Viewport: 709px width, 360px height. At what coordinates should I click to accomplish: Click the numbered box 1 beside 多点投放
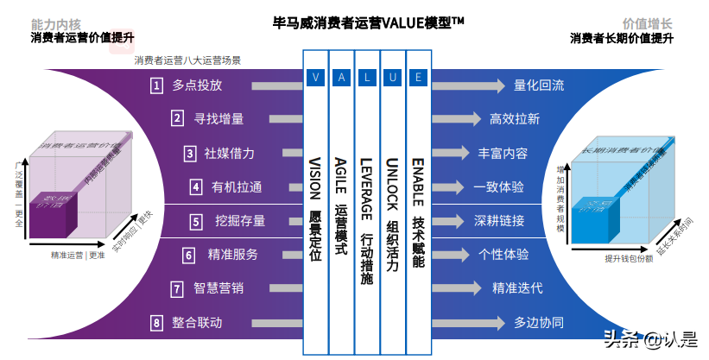point(156,85)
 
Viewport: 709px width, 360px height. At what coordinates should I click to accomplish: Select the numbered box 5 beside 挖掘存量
point(196,221)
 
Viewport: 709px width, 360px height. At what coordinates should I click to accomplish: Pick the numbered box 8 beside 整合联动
point(156,323)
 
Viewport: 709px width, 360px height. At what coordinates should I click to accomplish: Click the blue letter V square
point(315,77)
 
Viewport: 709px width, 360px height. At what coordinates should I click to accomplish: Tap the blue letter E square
point(419,77)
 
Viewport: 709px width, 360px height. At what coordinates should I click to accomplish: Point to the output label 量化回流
point(539,85)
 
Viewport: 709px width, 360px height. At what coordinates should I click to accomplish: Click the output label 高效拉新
point(515,119)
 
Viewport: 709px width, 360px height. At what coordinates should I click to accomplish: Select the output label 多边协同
point(539,323)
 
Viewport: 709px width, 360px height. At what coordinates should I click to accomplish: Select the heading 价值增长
point(647,24)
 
